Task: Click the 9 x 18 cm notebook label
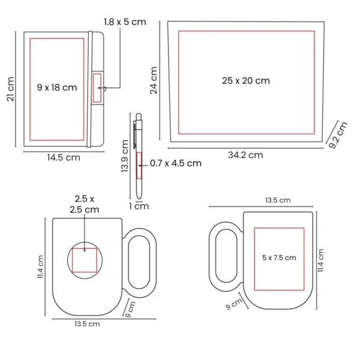click(56, 88)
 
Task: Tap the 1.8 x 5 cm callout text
click(125, 22)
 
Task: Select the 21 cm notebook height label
click(10, 88)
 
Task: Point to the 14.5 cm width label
click(64, 158)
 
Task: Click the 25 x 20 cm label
click(245, 80)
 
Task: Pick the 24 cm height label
click(154, 80)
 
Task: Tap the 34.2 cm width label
click(245, 155)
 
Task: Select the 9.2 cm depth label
click(338, 135)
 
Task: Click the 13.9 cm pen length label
click(125, 156)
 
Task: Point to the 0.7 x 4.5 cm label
click(175, 163)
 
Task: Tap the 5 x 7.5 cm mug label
click(279, 257)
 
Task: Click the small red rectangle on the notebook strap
click(98, 88)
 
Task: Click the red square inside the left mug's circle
click(84, 260)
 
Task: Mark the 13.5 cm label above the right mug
click(278, 200)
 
